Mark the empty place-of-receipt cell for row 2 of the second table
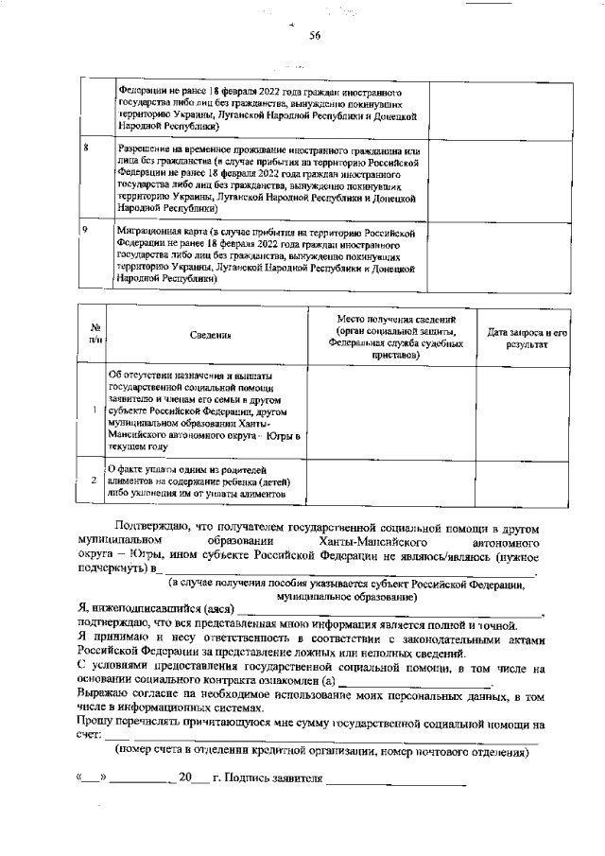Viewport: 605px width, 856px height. click(390, 480)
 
